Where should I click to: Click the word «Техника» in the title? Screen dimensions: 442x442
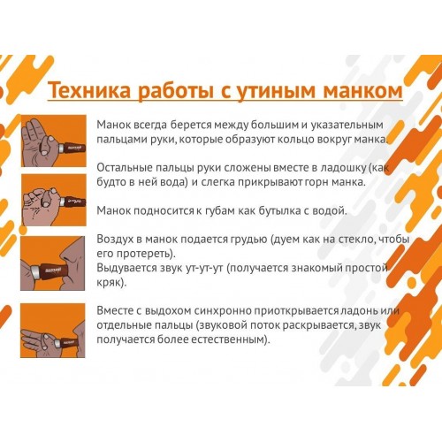click(89, 90)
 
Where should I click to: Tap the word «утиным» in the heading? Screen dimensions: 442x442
click(277, 91)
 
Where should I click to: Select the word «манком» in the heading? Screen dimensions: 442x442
click(363, 91)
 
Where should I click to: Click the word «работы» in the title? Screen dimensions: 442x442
click(176, 91)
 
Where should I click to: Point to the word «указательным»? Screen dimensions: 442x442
click(347, 125)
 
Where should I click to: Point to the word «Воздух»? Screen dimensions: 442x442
click(115, 239)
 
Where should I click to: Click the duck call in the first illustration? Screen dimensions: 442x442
click(72, 147)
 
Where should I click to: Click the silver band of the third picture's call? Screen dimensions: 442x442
click(36, 271)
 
